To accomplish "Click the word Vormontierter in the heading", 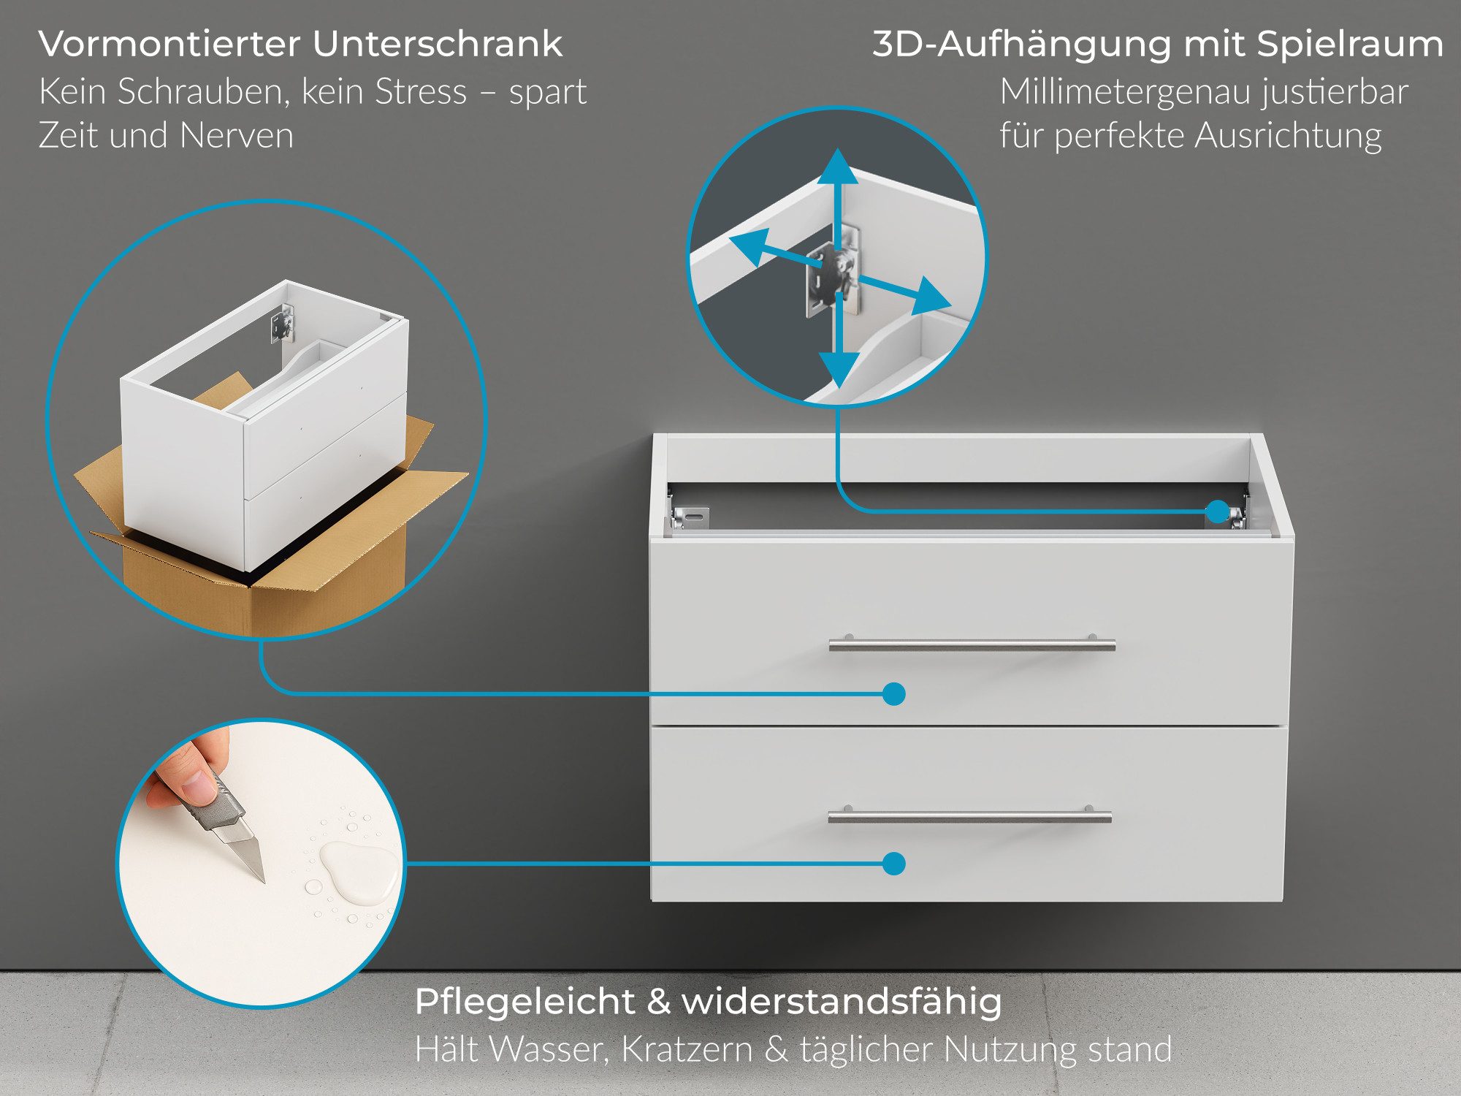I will click(x=169, y=44).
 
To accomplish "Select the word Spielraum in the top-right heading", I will click(x=1350, y=44).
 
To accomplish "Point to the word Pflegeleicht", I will click(x=524, y=1001).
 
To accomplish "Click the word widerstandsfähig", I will click(x=842, y=1001).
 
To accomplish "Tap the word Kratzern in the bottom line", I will click(x=687, y=1049).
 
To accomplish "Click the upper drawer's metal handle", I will click(x=972, y=645).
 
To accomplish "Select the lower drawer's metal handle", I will click(x=969, y=817).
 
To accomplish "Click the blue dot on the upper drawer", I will click(x=893, y=693).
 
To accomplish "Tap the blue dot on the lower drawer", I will click(x=893, y=864).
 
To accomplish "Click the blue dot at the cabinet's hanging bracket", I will click(x=1217, y=511).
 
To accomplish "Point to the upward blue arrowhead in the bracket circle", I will click(x=838, y=167).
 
